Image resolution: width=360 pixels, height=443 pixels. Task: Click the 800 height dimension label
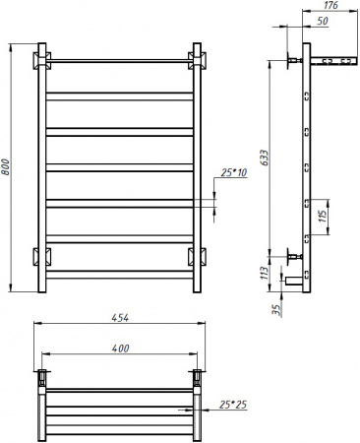coord(8,168)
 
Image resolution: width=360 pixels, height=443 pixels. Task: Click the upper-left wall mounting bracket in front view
coord(43,61)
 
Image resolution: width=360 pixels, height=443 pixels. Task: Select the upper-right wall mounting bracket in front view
coord(195,61)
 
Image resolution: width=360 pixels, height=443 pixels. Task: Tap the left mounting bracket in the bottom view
coord(43,375)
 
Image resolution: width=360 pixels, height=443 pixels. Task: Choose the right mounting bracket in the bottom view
coord(196,375)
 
